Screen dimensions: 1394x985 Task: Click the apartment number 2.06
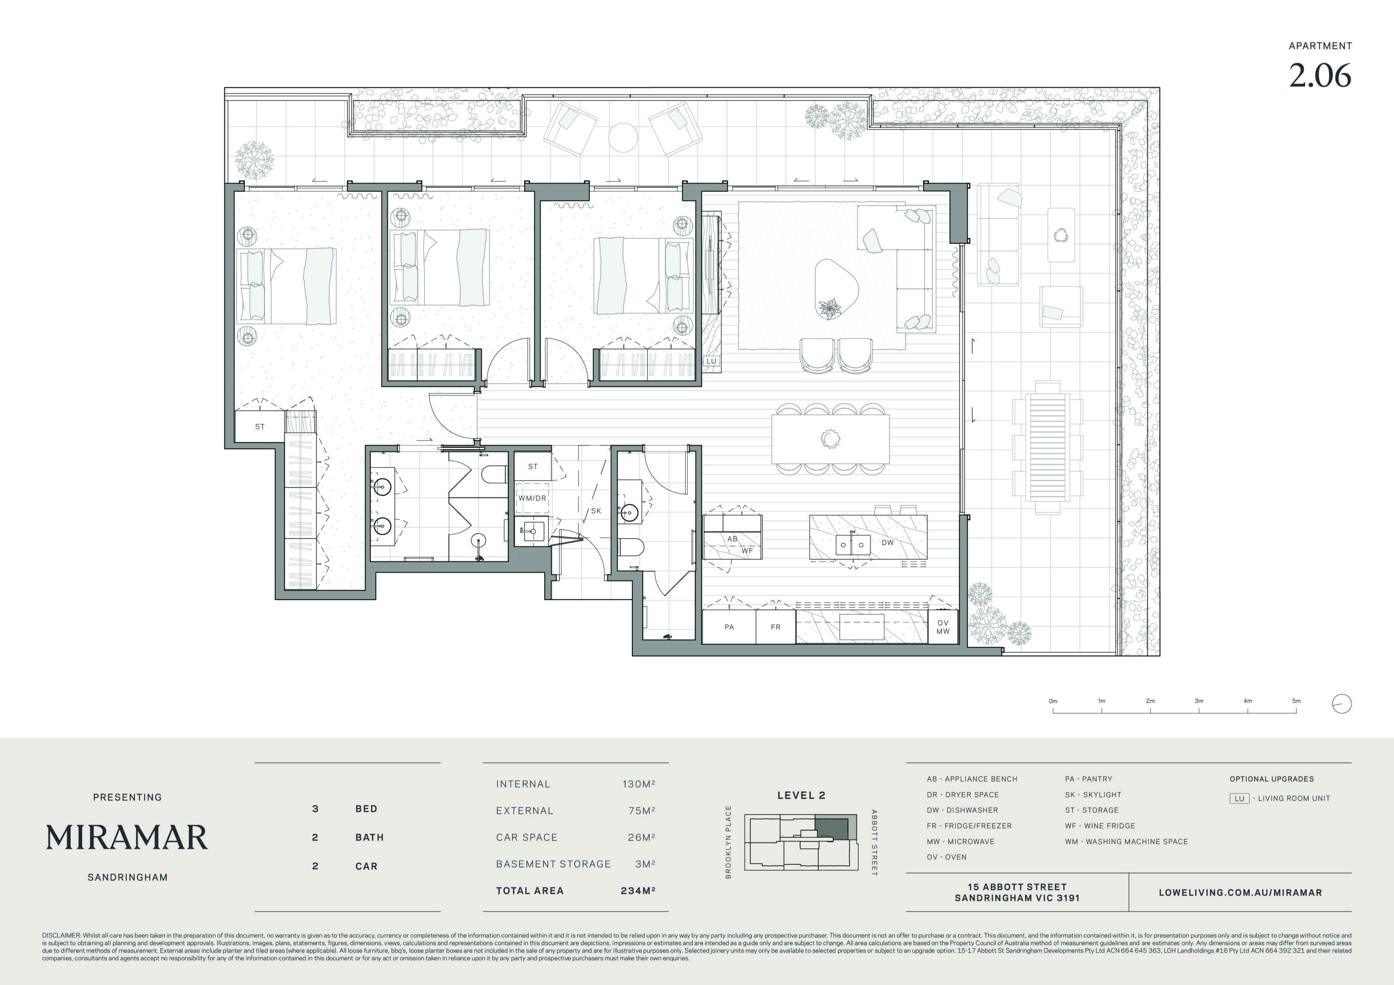(x=1320, y=76)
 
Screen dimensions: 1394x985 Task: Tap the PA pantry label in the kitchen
(x=729, y=627)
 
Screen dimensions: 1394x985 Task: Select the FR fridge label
(x=776, y=627)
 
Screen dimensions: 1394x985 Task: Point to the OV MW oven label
(x=943, y=627)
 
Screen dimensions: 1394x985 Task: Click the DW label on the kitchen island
(x=888, y=542)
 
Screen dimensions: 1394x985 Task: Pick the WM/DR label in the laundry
(x=532, y=498)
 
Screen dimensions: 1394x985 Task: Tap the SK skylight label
(x=596, y=511)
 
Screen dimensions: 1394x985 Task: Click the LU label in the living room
(x=711, y=361)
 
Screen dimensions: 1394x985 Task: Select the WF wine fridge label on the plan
(x=747, y=550)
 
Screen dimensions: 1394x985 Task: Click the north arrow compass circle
(x=1342, y=704)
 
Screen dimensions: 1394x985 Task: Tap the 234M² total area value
(x=638, y=890)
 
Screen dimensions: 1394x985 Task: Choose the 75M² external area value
(x=642, y=810)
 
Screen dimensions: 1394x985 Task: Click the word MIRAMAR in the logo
(x=127, y=837)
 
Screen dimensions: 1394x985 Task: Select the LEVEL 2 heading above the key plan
(x=802, y=795)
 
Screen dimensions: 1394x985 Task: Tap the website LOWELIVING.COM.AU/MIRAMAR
(x=1240, y=893)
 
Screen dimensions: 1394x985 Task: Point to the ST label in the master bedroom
(x=260, y=427)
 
